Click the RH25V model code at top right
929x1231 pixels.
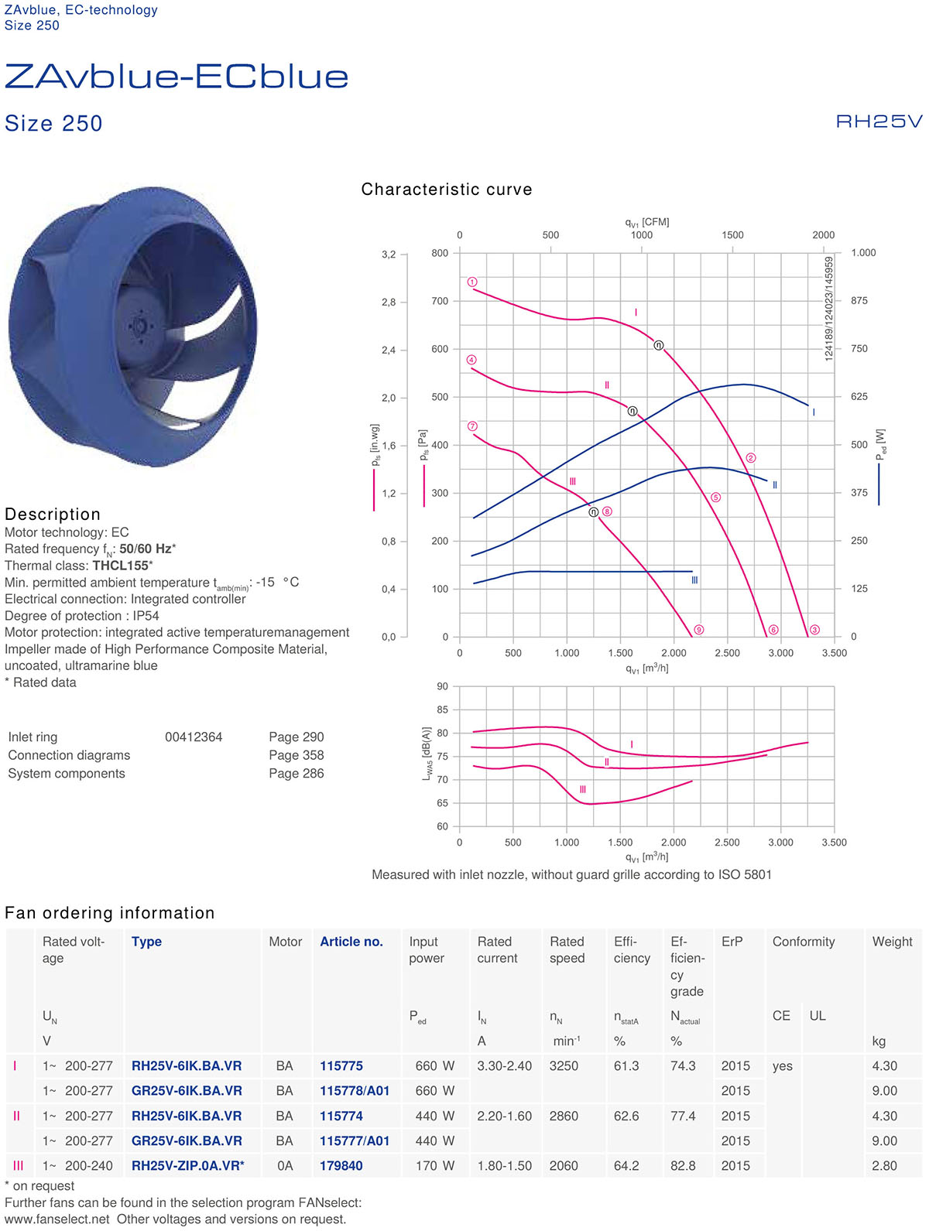(x=879, y=121)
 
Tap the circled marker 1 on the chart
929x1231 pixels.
(x=472, y=282)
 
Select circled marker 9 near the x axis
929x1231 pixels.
(x=698, y=630)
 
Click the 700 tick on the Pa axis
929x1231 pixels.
(x=440, y=301)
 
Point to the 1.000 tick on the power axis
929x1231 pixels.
(x=863, y=253)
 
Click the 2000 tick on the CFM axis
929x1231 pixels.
(x=823, y=235)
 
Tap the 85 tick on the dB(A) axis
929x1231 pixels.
(x=442, y=710)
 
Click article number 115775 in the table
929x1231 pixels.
(x=341, y=1066)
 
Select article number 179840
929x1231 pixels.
(x=341, y=1166)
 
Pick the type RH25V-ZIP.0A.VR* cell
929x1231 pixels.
(x=187, y=1166)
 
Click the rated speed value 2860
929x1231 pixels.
(x=564, y=1116)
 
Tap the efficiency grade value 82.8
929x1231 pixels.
(x=683, y=1166)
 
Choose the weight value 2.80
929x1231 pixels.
(x=884, y=1166)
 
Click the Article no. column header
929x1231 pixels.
(x=351, y=942)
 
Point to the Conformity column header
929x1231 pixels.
(x=804, y=942)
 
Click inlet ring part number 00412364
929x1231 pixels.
(x=194, y=737)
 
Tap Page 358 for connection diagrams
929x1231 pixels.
(x=296, y=755)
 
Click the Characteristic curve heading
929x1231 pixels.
(x=447, y=190)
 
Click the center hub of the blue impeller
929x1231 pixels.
(x=141, y=326)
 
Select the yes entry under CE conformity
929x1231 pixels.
(x=782, y=1066)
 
